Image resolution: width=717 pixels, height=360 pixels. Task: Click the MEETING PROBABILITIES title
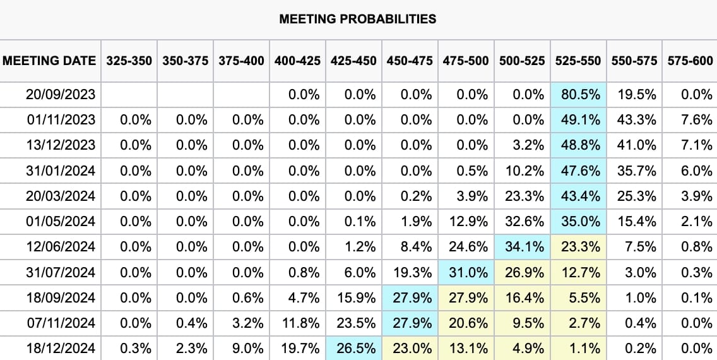click(357, 18)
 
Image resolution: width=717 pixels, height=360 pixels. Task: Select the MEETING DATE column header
click(49, 61)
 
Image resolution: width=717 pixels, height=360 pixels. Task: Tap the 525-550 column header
click(578, 61)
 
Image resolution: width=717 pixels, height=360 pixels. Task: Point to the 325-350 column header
click(129, 61)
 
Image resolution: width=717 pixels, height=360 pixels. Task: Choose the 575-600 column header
click(689, 61)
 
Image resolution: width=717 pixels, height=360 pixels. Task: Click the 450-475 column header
click(410, 61)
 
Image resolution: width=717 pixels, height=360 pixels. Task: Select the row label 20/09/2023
click(61, 95)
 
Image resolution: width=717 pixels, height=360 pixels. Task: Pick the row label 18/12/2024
click(61, 349)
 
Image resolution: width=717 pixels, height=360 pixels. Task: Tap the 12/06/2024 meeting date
click(61, 247)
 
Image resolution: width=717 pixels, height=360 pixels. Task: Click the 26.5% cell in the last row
click(356, 349)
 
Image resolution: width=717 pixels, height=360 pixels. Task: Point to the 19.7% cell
click(300, 349)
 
